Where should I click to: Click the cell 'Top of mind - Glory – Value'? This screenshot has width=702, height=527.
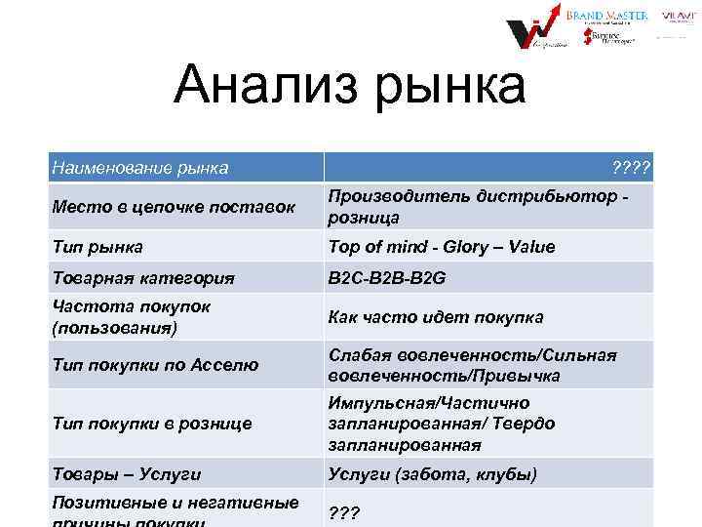point(442,246)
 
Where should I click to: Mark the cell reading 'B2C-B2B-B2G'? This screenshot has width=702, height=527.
point(387,277)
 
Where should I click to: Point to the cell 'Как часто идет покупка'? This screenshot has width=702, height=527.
point(436,316)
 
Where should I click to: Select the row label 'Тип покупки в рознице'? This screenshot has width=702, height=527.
point(151,423)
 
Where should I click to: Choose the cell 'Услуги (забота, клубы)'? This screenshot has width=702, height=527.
point(432,474)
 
